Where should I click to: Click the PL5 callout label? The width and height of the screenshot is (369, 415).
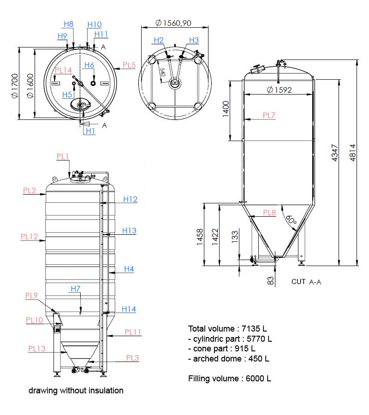click(x=129, y=65)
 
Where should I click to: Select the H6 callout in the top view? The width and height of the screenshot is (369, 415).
click(x=89, y=65)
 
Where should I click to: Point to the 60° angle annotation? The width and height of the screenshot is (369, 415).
click(x=291, y=219)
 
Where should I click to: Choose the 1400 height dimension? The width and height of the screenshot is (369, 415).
click(x=226, y=109)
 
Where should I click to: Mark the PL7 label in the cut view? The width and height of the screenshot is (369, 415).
click(x=269, y=115)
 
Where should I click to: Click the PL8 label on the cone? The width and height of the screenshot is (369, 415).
click(x=269, y=213)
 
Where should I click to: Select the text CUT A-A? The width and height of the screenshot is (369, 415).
click(x=306, y=281)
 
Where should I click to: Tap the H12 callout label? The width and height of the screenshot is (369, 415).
click(x=131, y=199)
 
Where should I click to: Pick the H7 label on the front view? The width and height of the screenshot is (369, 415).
click(x=76, y=289)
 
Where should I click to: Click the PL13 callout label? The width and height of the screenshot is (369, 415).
click(x=37, y=349)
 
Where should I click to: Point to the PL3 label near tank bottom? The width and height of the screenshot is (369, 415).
click(x=132, y=358)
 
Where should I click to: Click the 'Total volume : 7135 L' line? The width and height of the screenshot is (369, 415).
click(x=227, y=329)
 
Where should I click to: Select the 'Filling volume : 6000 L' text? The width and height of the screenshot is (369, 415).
click(x=229, y=379)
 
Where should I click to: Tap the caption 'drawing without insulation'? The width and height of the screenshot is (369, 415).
click(x=76, y=391)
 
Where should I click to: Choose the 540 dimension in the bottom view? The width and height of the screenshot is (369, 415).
click(x=162, y=73)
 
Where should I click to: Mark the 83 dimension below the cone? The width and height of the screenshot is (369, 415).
click(x=271, y=279)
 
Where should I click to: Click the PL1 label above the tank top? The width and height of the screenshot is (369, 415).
click(x=63, y=157)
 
